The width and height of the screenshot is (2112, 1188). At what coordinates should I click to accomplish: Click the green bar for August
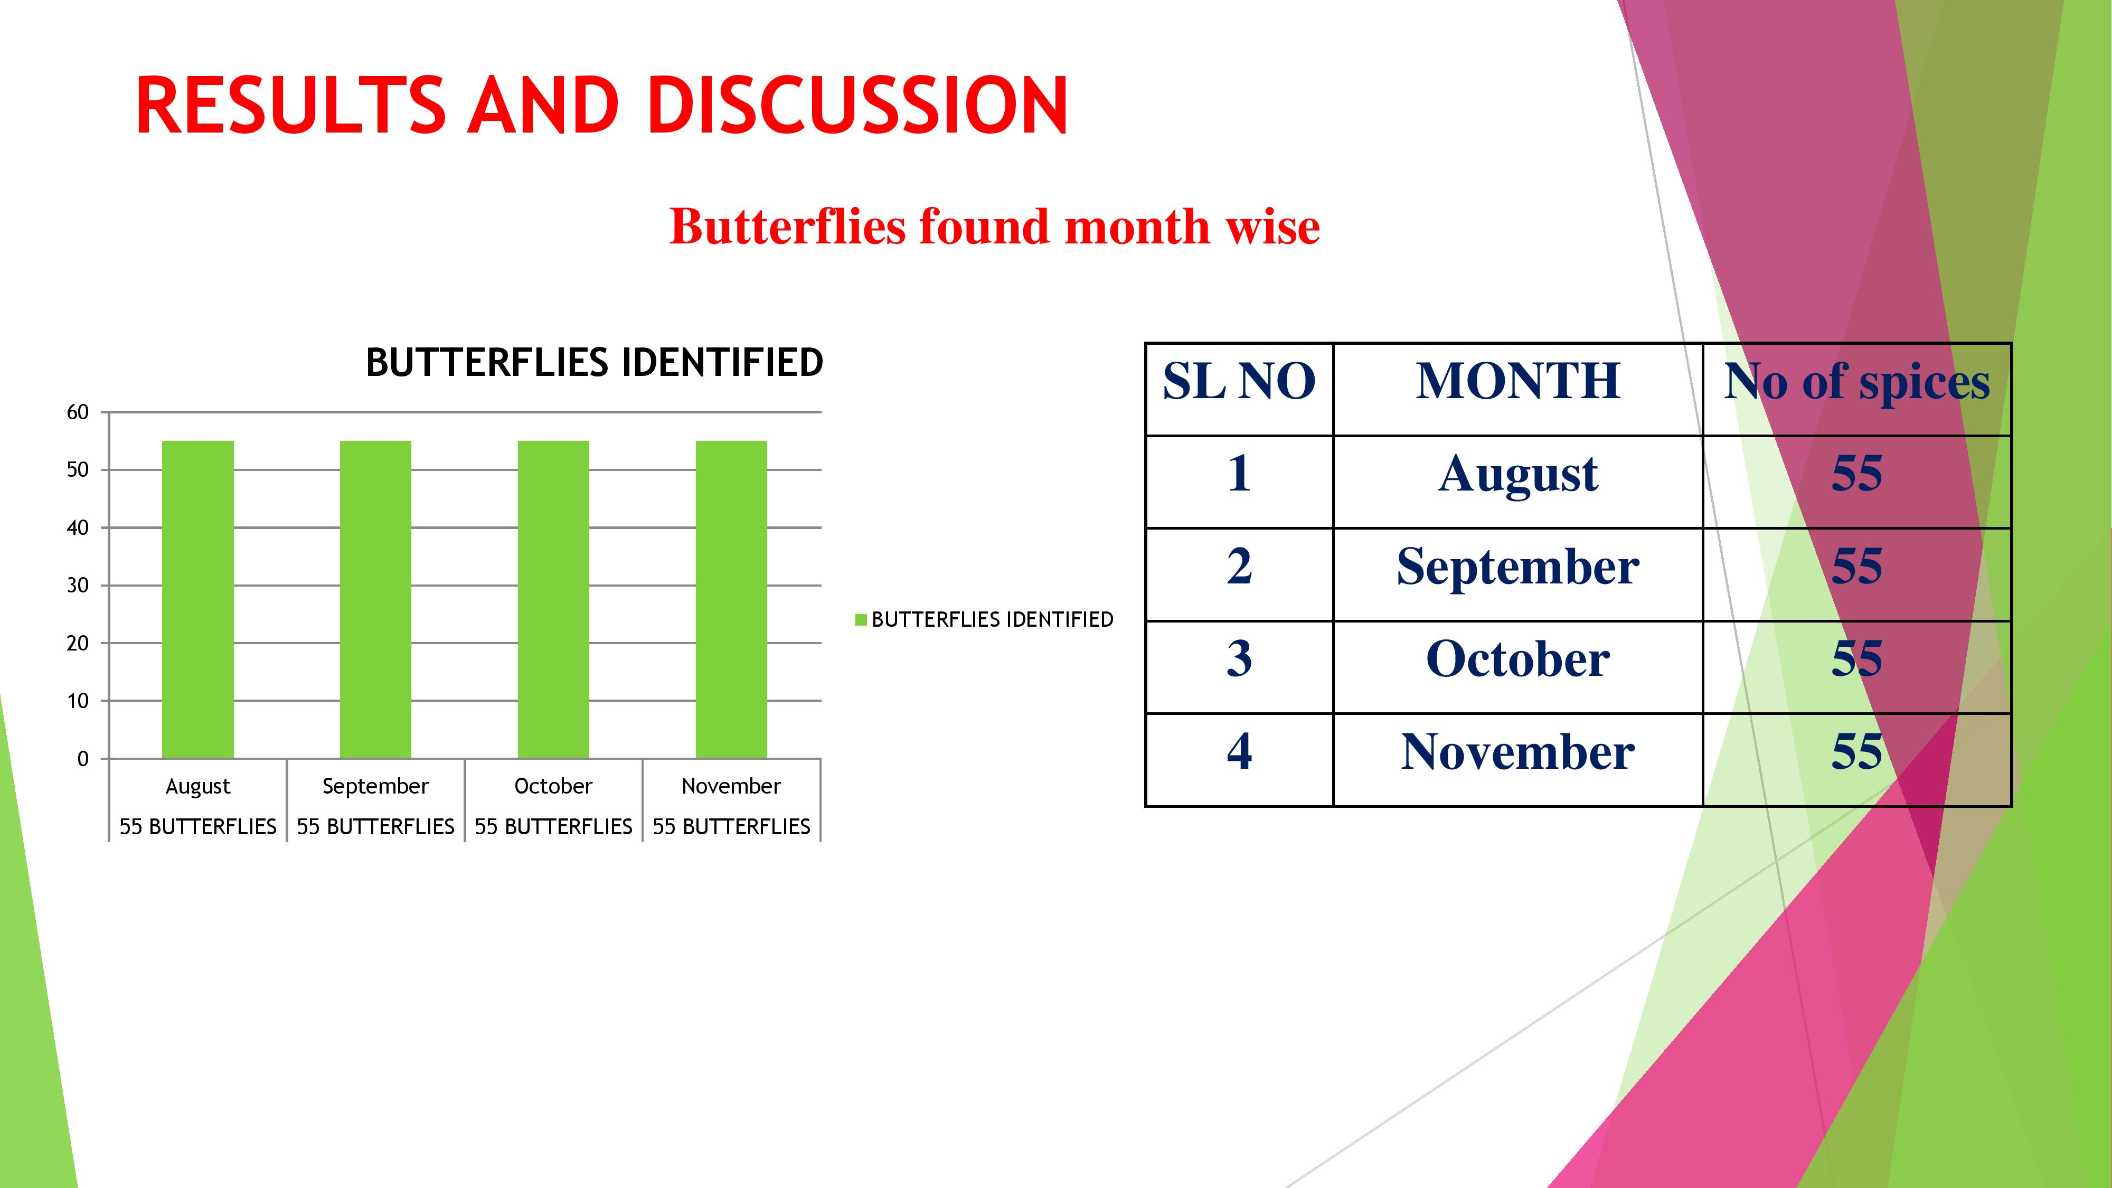pos(197,599)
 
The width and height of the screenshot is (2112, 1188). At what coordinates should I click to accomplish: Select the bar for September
pos(375,599)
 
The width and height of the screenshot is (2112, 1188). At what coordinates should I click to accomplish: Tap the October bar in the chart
pos(553,599)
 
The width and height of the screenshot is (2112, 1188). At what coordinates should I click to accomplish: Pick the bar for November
pos(731,599)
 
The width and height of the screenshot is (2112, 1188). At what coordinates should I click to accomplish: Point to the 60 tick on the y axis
pos(78,412)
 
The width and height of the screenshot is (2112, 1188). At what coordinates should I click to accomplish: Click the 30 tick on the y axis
pos(78,586)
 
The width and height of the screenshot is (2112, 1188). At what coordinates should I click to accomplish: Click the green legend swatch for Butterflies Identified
pos(861,620)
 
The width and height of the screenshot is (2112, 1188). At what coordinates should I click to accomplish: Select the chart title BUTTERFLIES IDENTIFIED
pos(595,362)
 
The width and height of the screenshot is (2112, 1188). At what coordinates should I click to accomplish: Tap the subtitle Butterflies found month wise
pos(995,227)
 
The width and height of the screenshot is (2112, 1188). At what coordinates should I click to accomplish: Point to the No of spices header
pos(1857,382)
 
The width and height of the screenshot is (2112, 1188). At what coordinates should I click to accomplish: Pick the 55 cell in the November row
pos(1857,752)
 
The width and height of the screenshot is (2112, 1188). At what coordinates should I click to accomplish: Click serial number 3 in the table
pos(1239,659)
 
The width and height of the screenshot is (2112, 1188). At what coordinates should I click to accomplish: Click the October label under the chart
pos(553,786)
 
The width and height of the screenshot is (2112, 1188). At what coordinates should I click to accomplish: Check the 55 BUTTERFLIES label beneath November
pos(731,826)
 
